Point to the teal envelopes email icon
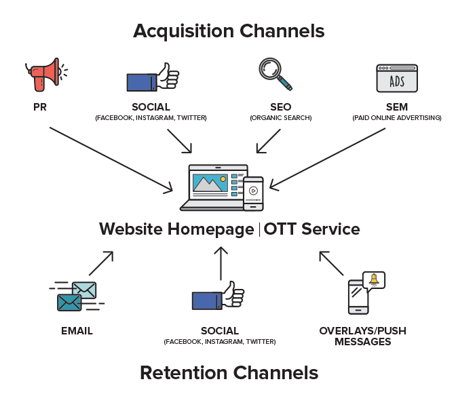point(77,297)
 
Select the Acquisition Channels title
point(229,31)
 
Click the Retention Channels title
point(229,372)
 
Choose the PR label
point(40,107)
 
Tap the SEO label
point(280,107)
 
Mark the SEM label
point(396,107)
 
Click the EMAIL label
point(76,331)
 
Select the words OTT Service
point(311,229)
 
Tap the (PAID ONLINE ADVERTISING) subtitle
point(396,118)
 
